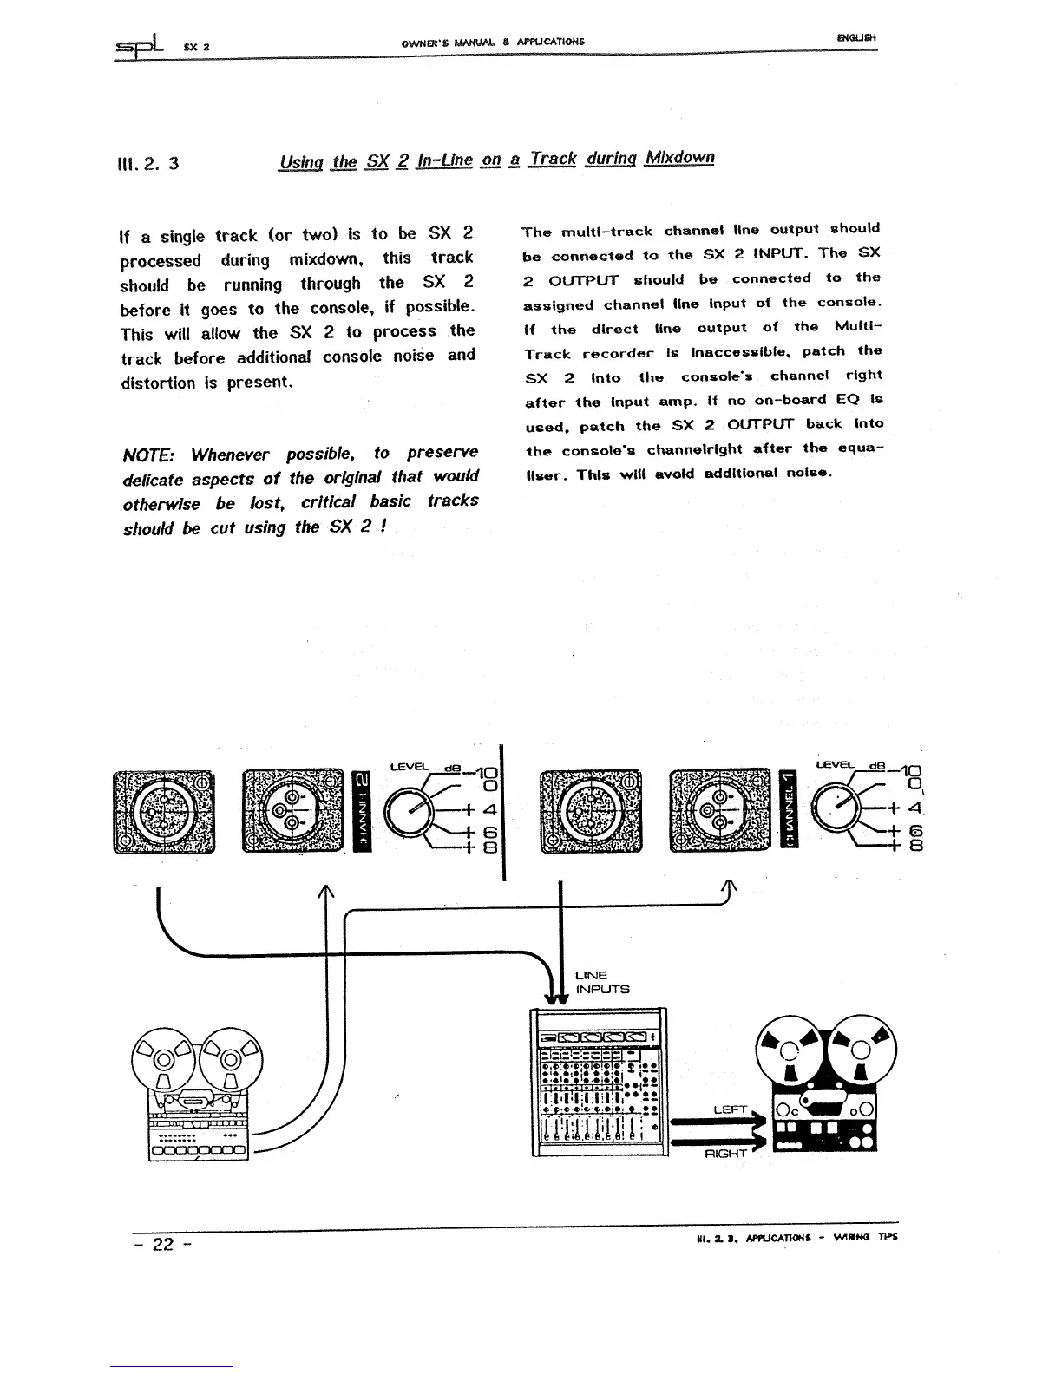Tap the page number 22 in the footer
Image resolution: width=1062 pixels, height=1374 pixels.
click(163, 1244)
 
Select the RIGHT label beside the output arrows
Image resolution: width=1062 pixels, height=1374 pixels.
click(727, 1155)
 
